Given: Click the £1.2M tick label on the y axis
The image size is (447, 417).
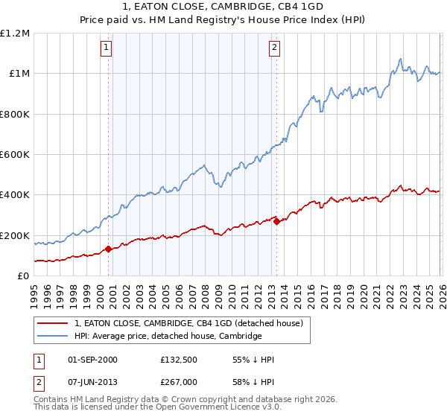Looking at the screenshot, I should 15,33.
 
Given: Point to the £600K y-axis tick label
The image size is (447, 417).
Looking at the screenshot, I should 15,155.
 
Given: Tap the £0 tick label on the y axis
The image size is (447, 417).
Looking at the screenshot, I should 22,276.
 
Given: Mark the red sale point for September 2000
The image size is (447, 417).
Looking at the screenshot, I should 109,249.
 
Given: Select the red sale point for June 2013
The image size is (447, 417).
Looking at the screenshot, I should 276,221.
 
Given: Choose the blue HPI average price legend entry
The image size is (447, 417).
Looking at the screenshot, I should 168,337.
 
